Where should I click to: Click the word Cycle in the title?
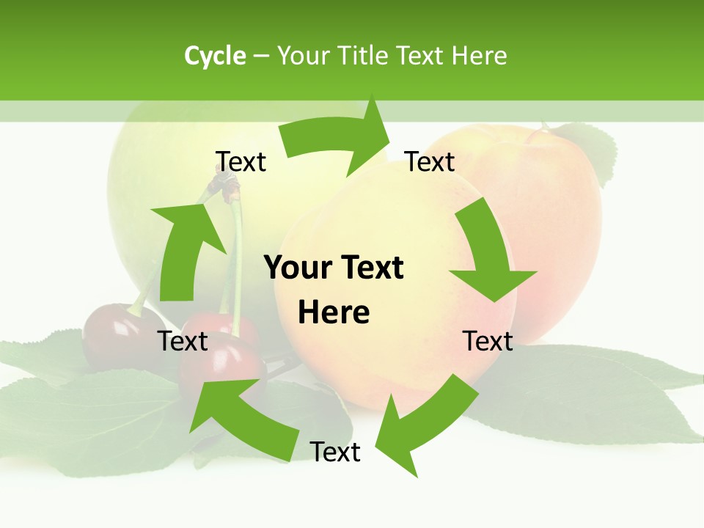point(215,56)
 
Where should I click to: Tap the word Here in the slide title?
point(480,56)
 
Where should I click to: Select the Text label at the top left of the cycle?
point(241,161)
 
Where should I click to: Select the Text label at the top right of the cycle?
point(430,161)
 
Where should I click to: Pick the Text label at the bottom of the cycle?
point(335,452)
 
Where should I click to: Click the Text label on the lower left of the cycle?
point(183,341)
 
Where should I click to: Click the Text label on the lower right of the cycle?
point(488,341)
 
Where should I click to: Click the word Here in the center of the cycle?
point(334,312)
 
